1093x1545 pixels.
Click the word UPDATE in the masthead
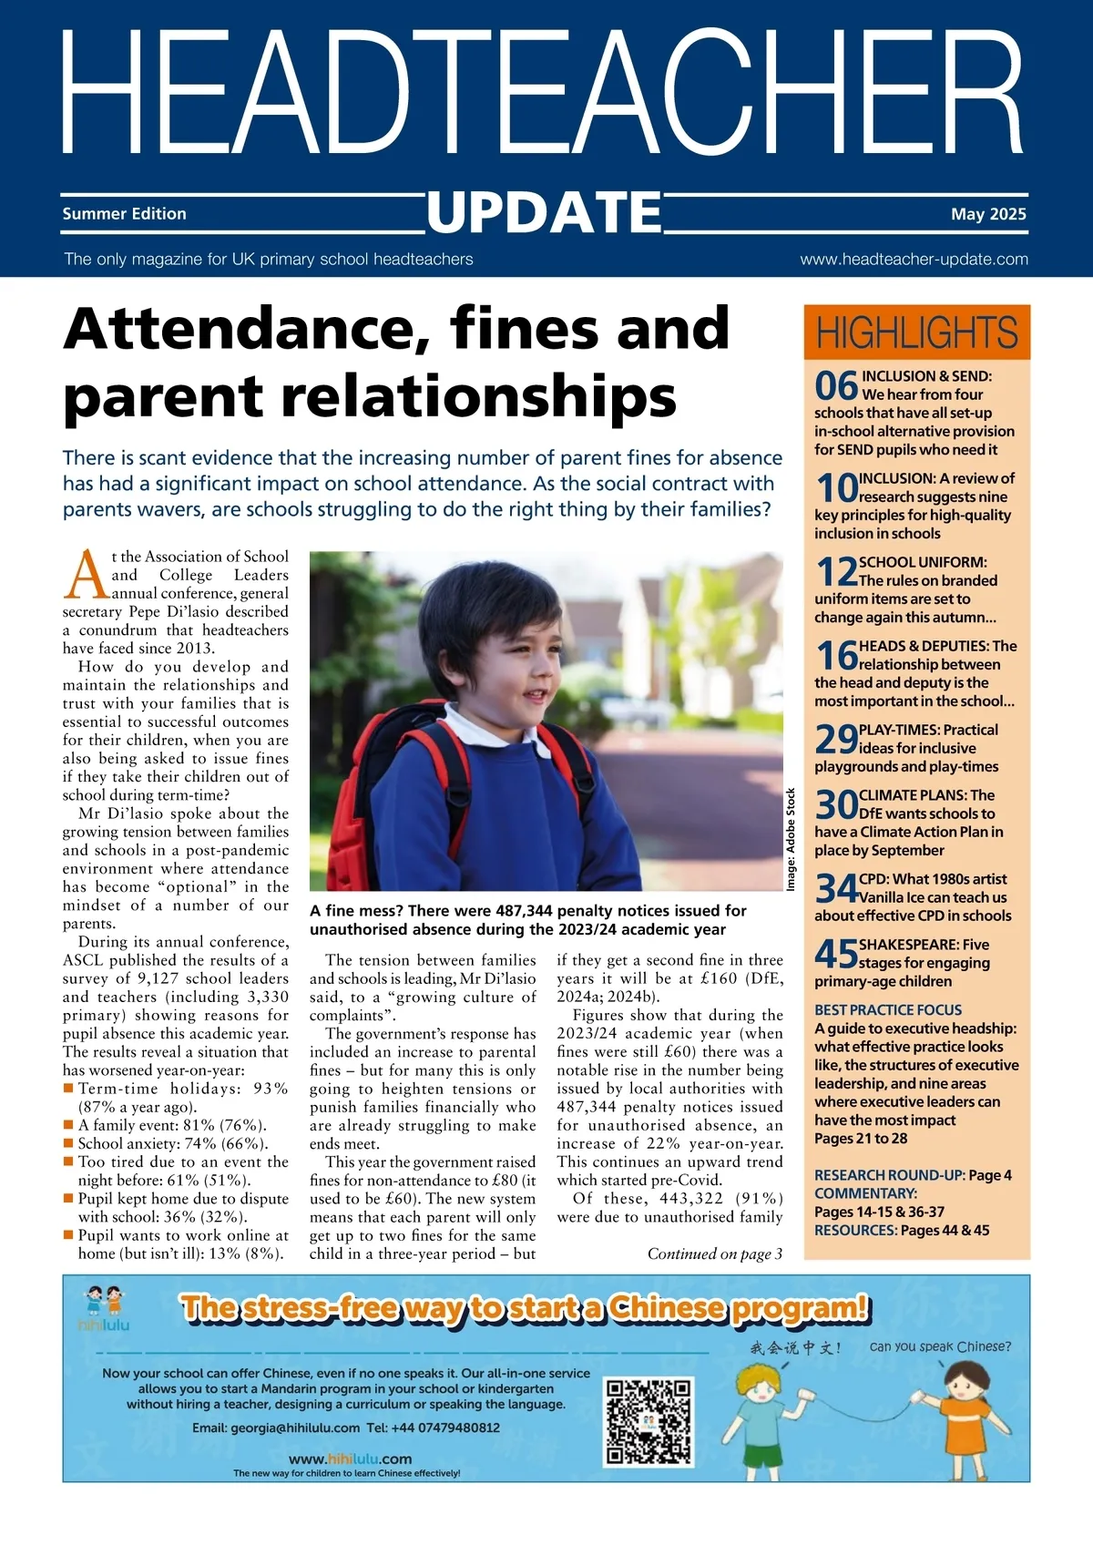click(545, 213)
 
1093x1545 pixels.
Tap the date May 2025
click(987, 214)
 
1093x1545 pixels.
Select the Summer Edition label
click(124, 214)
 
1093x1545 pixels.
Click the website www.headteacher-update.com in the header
click(914, 260)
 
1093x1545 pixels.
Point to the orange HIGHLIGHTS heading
click(916, 333)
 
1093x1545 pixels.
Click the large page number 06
click(836, 386)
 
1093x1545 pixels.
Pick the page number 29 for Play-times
click(836, 739)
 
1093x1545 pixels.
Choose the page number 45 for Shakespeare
click(836, 954)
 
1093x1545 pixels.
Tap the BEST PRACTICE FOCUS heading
click(888, 1010)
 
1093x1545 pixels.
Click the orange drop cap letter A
click(87, 576)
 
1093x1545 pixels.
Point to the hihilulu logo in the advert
click(103, 1308)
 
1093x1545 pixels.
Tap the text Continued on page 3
click(715, 1254)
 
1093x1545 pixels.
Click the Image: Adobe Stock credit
click(791, 839)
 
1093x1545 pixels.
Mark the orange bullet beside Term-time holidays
click(68, 1089)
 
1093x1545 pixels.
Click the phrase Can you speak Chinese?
click(940, 1346)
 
